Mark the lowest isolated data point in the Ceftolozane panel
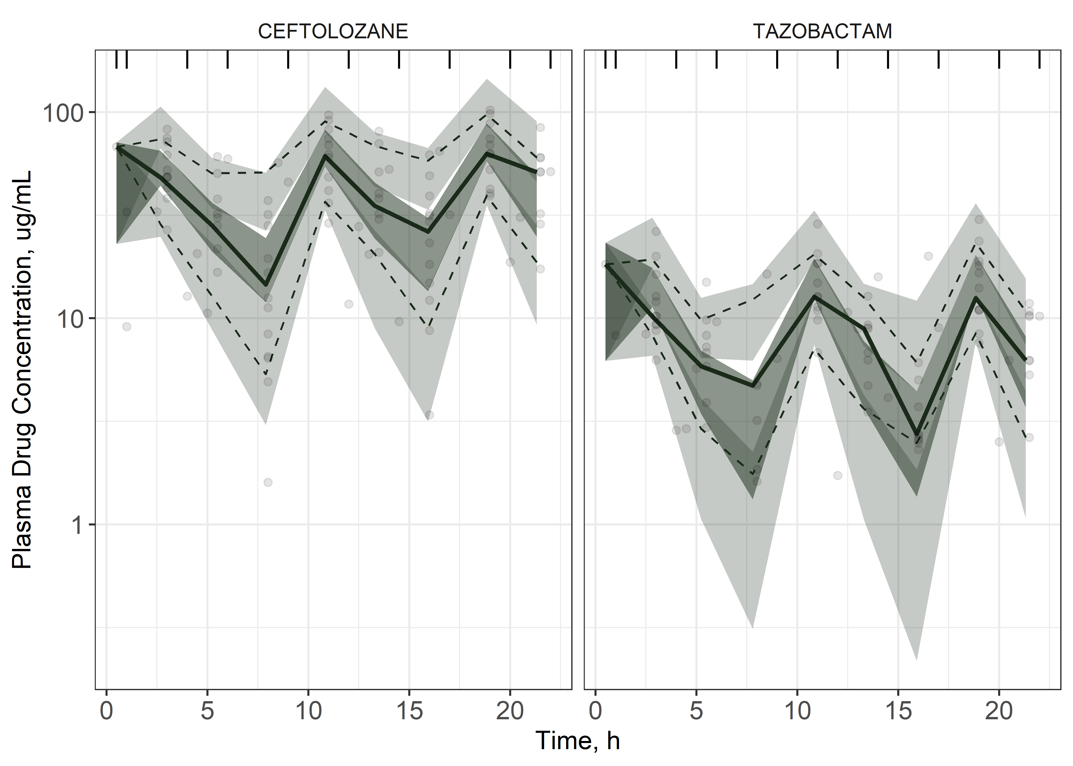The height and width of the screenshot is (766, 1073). pyautogui.click(x=268, y=482)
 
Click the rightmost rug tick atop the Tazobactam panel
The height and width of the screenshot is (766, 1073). pyautogui.click(x=1040, y=60)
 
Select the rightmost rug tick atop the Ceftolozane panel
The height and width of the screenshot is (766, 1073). pyautogui.click(x=551, y=60)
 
